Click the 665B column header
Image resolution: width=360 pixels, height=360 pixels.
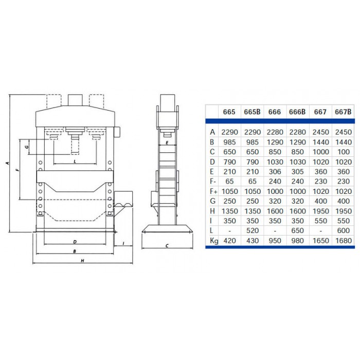click(252, 112)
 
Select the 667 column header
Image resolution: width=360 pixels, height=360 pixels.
click(320, 112)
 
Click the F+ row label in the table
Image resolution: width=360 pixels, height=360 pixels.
click(213, 191)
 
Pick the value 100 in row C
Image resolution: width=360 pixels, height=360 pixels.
click(343, 152)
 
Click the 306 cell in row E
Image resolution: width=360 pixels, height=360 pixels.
click(275, 171)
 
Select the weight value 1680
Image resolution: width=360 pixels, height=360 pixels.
click(343, 241)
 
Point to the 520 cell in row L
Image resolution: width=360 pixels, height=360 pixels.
click(253, 230)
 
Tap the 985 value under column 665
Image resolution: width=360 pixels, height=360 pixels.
click(229, 142)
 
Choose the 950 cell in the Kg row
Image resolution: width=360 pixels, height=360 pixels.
click(275, 241)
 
